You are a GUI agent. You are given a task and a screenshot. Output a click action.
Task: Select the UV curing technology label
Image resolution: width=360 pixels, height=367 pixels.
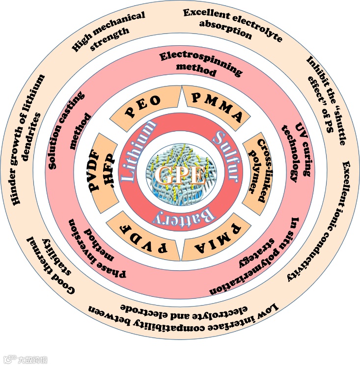click(295, 147)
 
